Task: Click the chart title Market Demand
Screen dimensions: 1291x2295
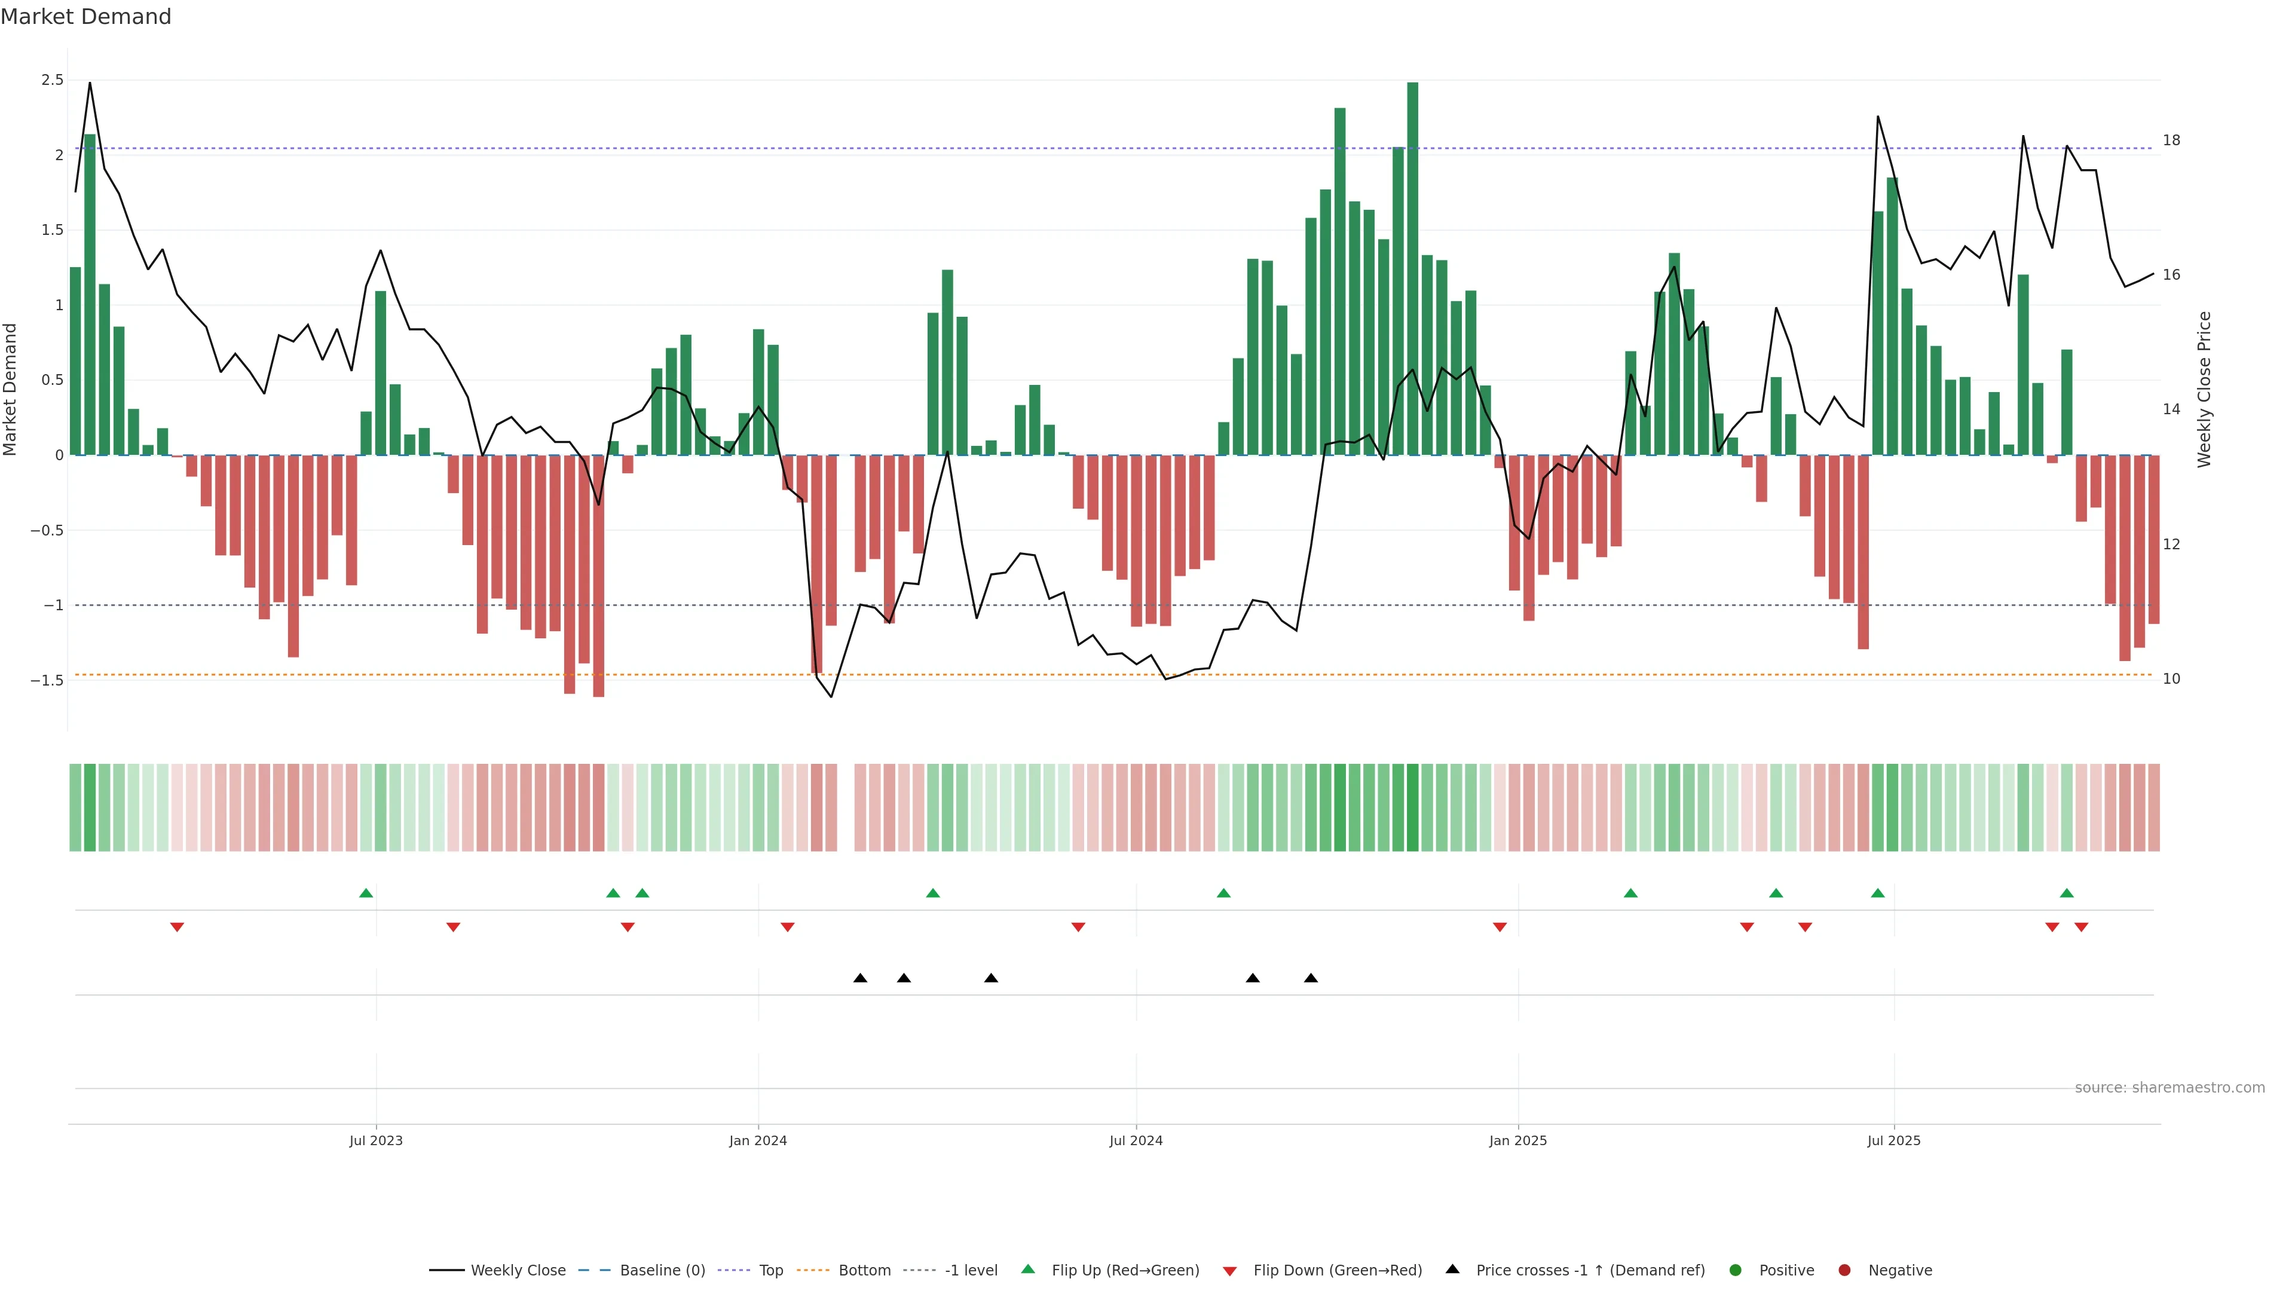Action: click(x=85, y=17)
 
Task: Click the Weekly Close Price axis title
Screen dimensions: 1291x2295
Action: click(x=2204, y=389)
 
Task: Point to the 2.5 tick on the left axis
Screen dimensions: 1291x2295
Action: click(x=53, y=80)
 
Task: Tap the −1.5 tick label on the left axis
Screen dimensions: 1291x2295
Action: click(x=47, y=681)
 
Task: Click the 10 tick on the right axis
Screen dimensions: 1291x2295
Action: click(x=2171, y=679)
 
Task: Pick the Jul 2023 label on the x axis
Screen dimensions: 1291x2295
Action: click(x=376, y=1140)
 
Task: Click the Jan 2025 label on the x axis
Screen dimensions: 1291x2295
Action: click(x=1518, y=1140)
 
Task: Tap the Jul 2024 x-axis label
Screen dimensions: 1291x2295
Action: click(x=1136, y=1140)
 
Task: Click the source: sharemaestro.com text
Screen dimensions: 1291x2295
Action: click(x=2169, y=1088)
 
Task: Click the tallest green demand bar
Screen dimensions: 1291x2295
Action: click(x=1413, y=267)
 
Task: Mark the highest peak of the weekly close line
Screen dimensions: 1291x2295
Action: click(x=89, y=83)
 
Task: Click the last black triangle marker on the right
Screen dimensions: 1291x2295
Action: click(x=1311, y=978)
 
